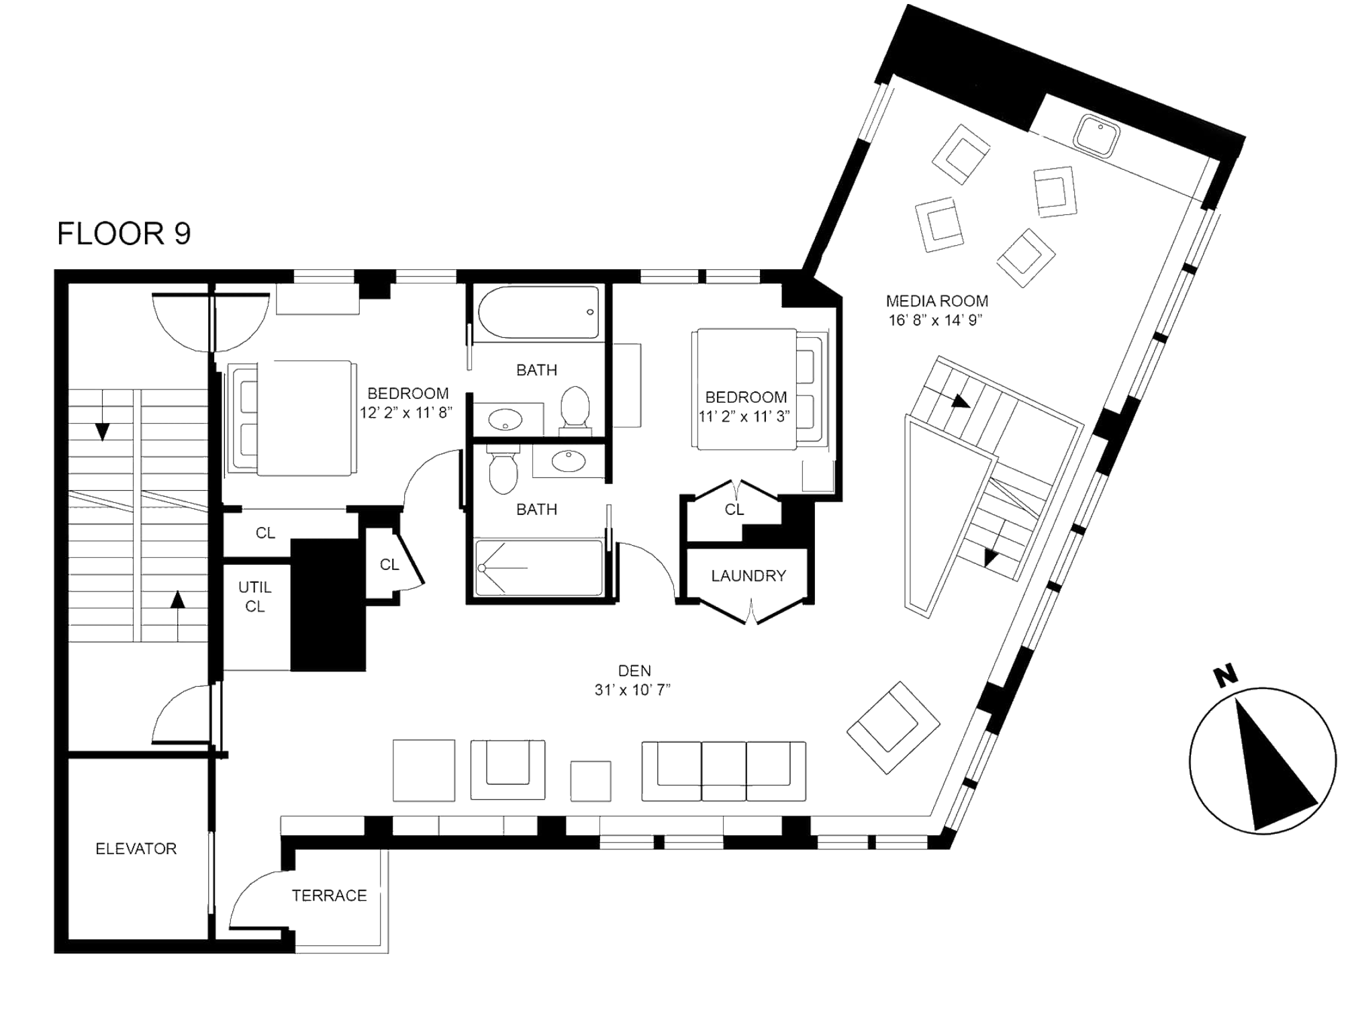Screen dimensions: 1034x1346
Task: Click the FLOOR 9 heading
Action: tap(124, 234)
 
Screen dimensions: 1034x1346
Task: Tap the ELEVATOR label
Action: tap(136, 849)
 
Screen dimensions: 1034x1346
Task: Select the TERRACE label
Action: tap(329, 895)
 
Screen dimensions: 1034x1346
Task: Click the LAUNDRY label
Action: tap(748, 575)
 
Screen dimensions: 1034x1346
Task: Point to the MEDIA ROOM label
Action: tap(936, 301)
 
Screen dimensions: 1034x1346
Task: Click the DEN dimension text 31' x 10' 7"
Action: tap(633, 690)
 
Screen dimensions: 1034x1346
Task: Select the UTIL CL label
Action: tap(255, 596)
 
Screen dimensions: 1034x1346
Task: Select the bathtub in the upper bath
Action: tap(538, 312)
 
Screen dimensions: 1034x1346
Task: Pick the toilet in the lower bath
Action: tap(503, 471)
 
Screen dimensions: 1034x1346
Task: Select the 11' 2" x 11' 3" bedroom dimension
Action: tap(744, 416)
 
